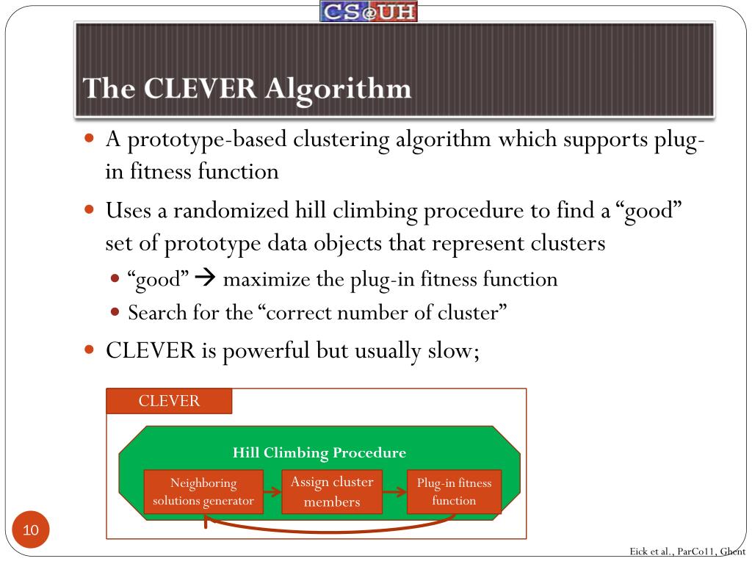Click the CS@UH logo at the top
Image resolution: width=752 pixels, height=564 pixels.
(369, 11)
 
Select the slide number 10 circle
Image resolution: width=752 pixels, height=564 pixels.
(31, 529)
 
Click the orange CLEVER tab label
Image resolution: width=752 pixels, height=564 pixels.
(169, 401)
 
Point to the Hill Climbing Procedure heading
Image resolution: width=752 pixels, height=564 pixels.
(319, 452)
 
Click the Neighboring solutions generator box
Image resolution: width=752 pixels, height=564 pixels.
(203, 492)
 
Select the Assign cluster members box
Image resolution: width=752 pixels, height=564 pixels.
(332, 492)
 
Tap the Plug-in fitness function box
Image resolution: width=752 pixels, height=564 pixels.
(454, 492)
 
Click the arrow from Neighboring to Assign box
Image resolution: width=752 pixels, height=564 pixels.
(272, 492)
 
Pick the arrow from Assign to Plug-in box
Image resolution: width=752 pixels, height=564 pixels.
(394, 492)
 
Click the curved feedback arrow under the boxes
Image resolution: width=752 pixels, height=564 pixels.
(330, 529)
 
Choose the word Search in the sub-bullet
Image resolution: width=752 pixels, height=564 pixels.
(153, 313)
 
